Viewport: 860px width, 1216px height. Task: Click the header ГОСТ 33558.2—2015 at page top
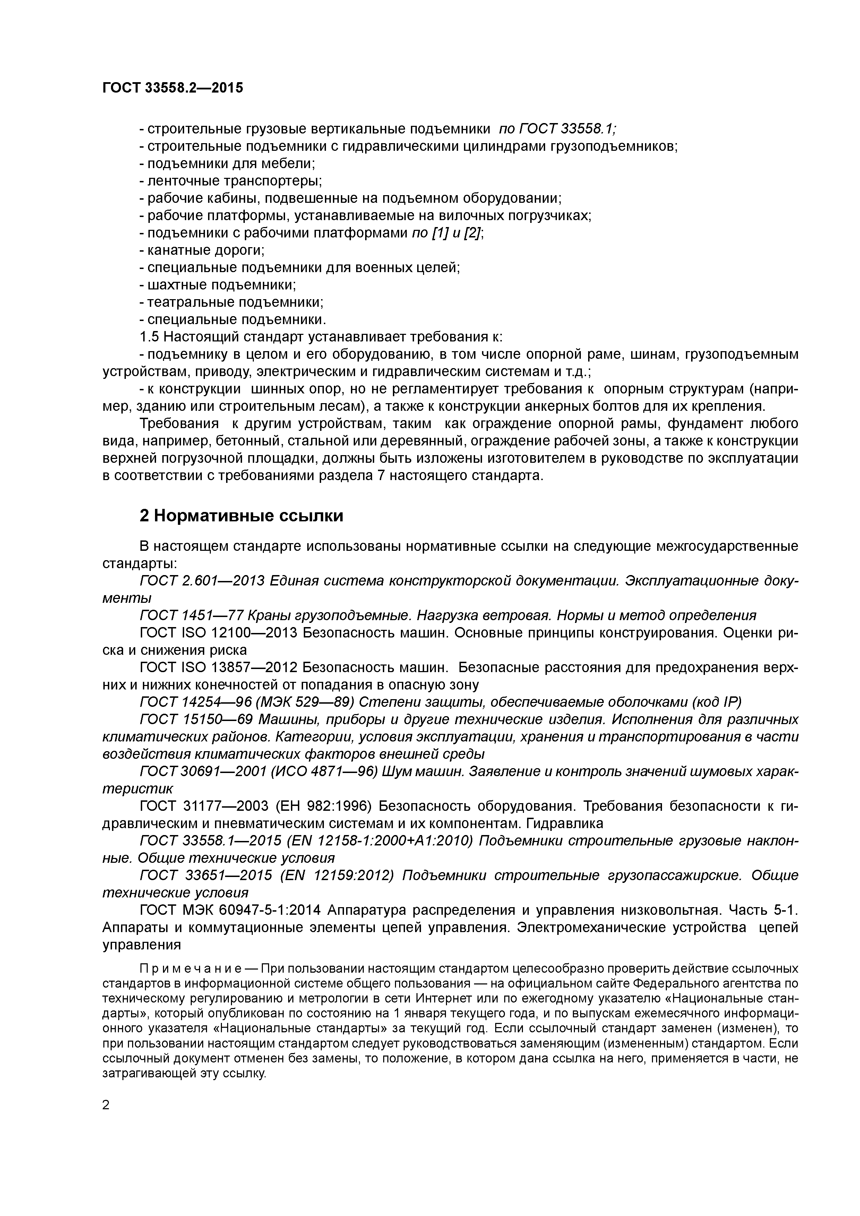[173, 88]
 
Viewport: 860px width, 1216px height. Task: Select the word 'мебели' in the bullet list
[291, 164]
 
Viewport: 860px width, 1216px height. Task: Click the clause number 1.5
[149, 337]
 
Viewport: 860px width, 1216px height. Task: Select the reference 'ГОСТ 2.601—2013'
[202, 581]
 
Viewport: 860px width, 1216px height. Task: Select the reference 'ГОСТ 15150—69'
[196, 720]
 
